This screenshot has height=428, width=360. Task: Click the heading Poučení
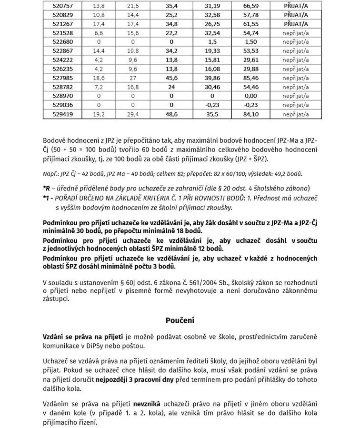pyautogui.click(x=180, y=320)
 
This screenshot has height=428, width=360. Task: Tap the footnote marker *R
pyautogui.click(x=47, y=187)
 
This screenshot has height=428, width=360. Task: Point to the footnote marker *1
pyautogui.click(x=47, y=197)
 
